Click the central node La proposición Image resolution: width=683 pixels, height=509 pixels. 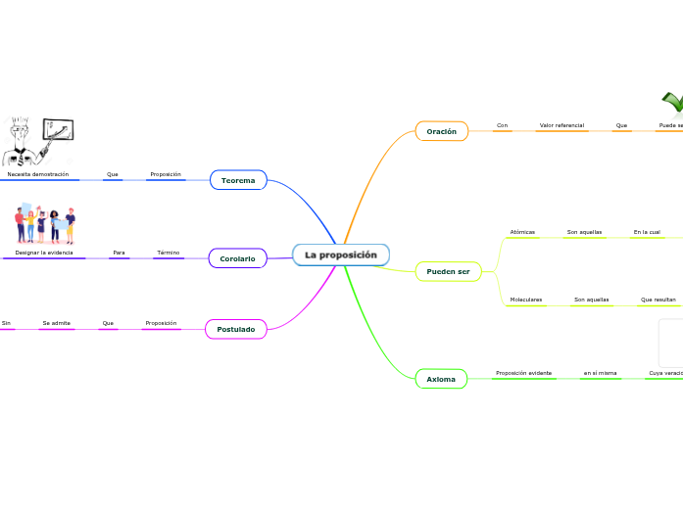coord(341,254)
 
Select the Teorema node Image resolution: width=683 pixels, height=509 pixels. coord(238,180)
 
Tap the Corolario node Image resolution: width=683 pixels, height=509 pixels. coord(237,258)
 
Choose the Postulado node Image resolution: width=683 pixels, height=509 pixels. coord(235,329)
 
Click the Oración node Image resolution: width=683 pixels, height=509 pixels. coord(441,131)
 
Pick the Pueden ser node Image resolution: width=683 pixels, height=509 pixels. coord(448,271)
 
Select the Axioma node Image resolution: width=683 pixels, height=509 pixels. coord(441,378)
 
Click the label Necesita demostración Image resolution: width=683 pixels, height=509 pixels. coord(38,174)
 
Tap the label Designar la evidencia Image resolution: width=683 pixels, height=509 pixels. coord(44,253)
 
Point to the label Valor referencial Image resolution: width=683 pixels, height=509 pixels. coord(561,125)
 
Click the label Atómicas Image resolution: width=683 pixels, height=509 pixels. coord(522,232)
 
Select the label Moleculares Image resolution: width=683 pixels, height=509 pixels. coord(526,300)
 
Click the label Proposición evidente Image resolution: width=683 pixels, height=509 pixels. coord(523,373)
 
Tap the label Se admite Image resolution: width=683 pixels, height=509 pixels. coord(56,322)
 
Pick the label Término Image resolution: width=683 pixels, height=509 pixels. coord(168,253)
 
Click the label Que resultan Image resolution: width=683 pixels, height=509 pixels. coord(659,300)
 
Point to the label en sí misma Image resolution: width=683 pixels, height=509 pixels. coord(600,373)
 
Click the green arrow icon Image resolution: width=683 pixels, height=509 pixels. coord(672,103)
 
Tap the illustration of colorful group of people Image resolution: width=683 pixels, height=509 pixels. coord(45,224)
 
